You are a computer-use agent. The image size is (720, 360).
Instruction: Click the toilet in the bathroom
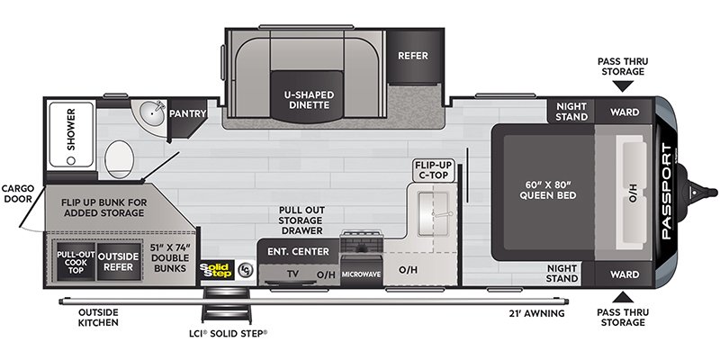(x=119, y=159)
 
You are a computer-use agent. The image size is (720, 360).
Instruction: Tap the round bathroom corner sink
(x=153, y=112)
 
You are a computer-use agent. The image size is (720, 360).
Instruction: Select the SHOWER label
(x=71, y=130)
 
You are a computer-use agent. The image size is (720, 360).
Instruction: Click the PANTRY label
(x=187, y=113)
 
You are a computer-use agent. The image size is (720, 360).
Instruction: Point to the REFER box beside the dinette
(x=413, y=56)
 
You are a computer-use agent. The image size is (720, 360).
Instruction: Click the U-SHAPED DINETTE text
(x=308, y=100)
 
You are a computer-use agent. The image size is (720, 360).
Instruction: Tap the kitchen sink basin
(x=433, y=214)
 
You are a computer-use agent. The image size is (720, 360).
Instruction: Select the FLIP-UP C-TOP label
(x=434, y=169)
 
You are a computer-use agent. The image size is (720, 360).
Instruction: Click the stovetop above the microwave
(x=361, y=242)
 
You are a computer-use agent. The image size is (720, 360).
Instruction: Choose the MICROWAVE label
(x=361, y=274)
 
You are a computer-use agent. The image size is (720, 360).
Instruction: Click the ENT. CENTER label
(x=299, y=252)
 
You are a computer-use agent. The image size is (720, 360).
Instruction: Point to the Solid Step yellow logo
(x=217, y=271)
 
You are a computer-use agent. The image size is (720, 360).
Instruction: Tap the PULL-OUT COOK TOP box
(x=76, y=262)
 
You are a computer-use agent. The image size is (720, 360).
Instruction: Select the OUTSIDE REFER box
(x=119, y=262)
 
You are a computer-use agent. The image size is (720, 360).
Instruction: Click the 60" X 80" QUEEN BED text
(x=548, y=190)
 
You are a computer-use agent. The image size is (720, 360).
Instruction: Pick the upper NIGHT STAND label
(x=571, y=112)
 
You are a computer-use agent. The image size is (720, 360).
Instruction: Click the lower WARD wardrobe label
(x=625, y=274)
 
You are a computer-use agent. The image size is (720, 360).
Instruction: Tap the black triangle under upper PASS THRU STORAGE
(x=624, y=86)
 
